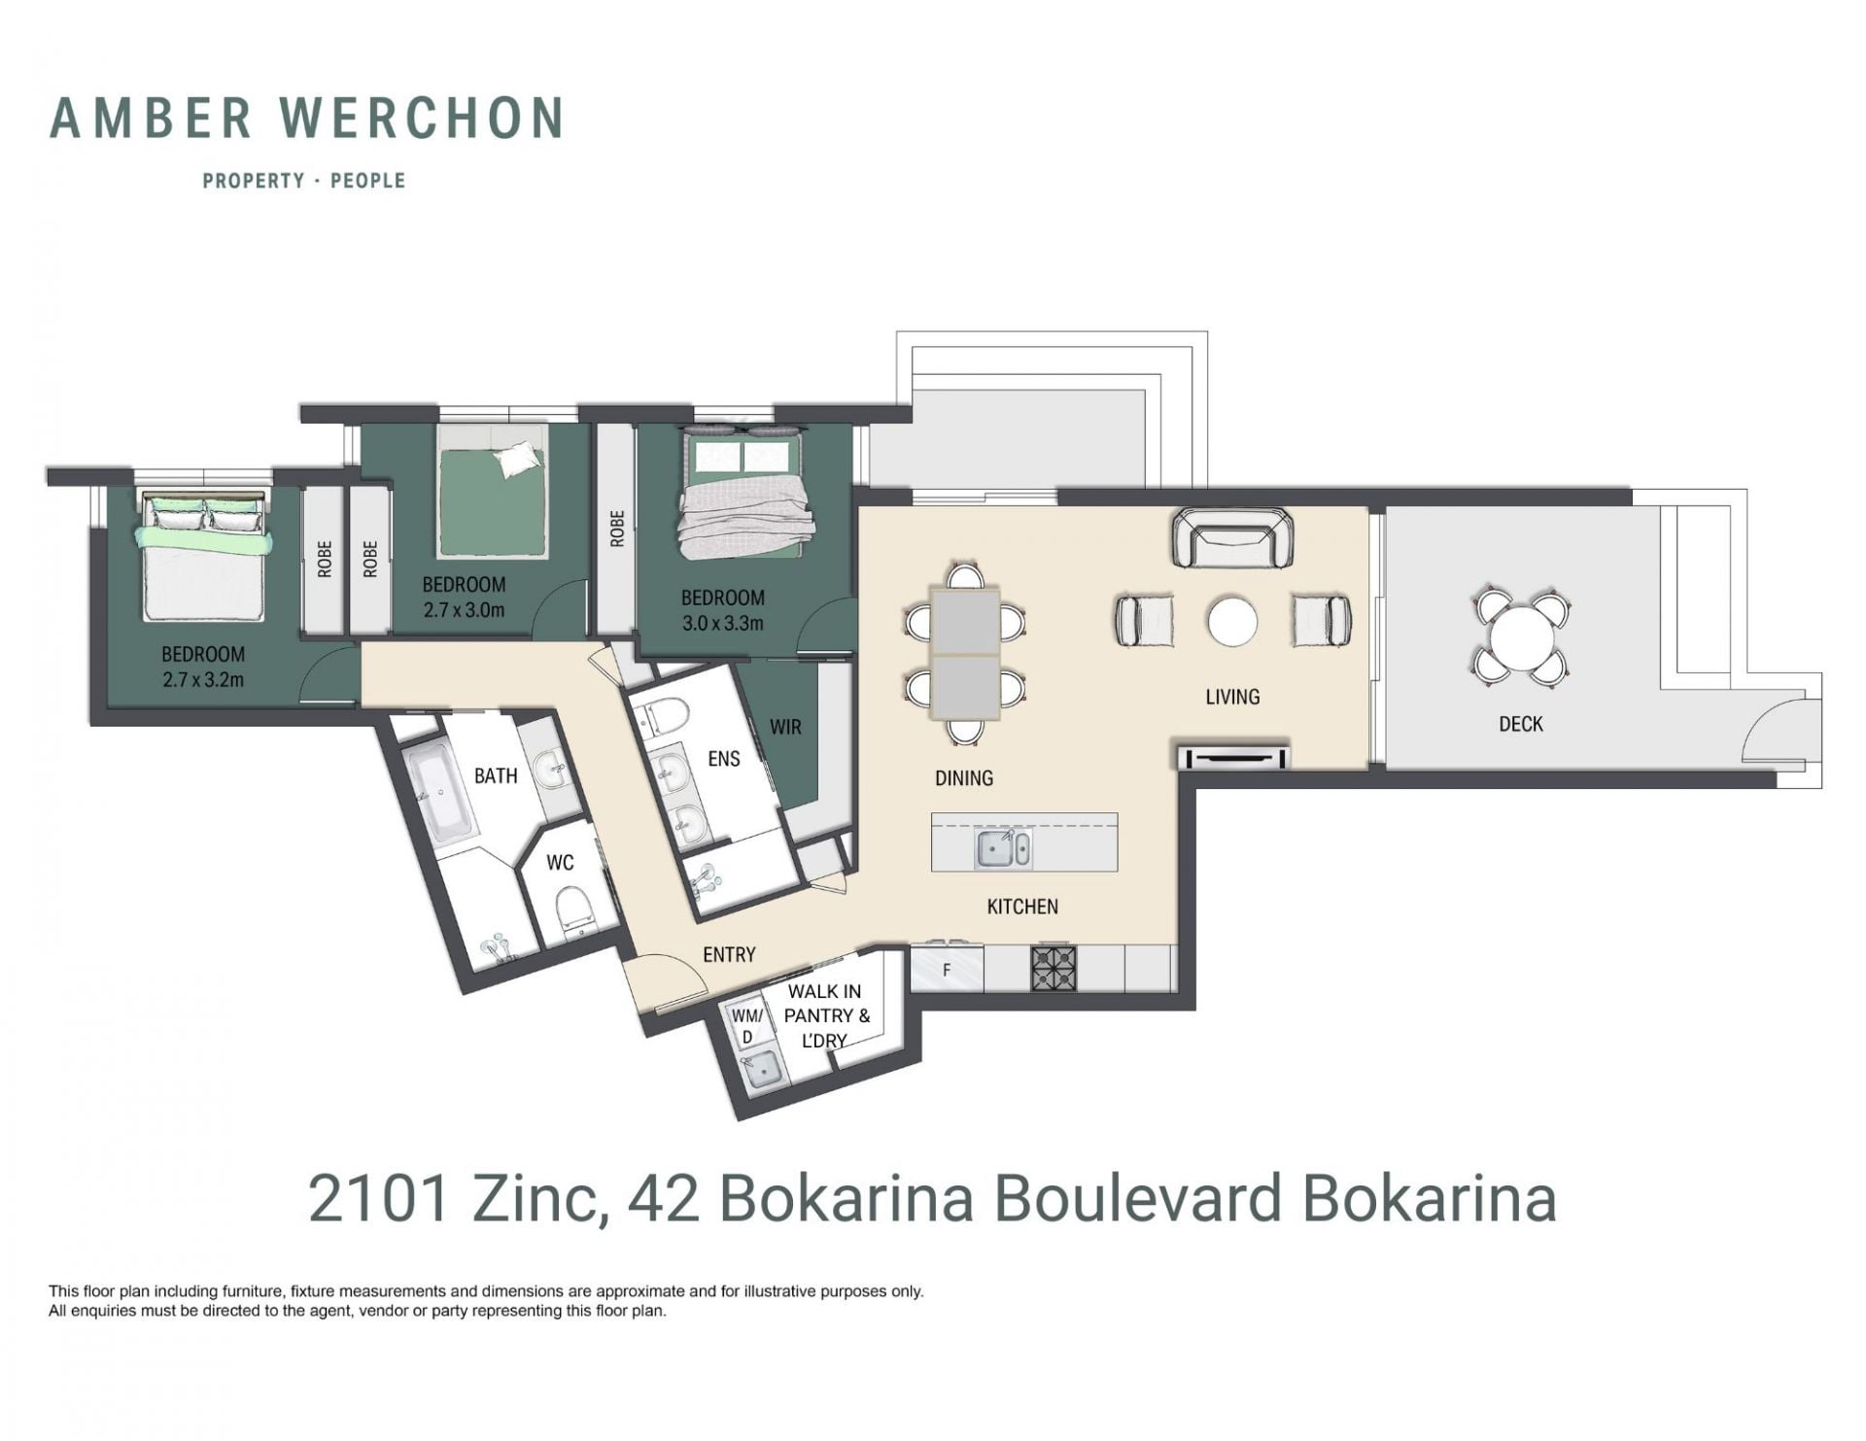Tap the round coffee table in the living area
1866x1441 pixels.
[x=1232, y=620]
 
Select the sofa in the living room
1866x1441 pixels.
[x=1232, y=538]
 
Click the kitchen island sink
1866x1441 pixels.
[x=1003, y=848]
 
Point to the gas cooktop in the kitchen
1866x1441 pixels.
[x=1054, y=968]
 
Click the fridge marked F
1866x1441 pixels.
[x=947, y=970]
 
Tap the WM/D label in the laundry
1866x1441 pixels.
[x=747, y=1026]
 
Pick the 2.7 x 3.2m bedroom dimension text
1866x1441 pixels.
[x=203, y=679]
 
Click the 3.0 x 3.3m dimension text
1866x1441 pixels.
[x=722, y=623]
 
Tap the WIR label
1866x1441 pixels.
[x=785, y=726]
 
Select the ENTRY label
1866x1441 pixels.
[x=729, y=955]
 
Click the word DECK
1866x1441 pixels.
[x=1521, y=724]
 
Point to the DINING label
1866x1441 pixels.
[x=964, y=777]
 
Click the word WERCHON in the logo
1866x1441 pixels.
[x=422, y=118]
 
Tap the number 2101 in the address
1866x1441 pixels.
[x=379, y=1198]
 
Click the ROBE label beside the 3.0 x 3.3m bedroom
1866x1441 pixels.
[x=617, y=530]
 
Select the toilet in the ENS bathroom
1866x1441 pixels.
[x=667, y=716]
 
